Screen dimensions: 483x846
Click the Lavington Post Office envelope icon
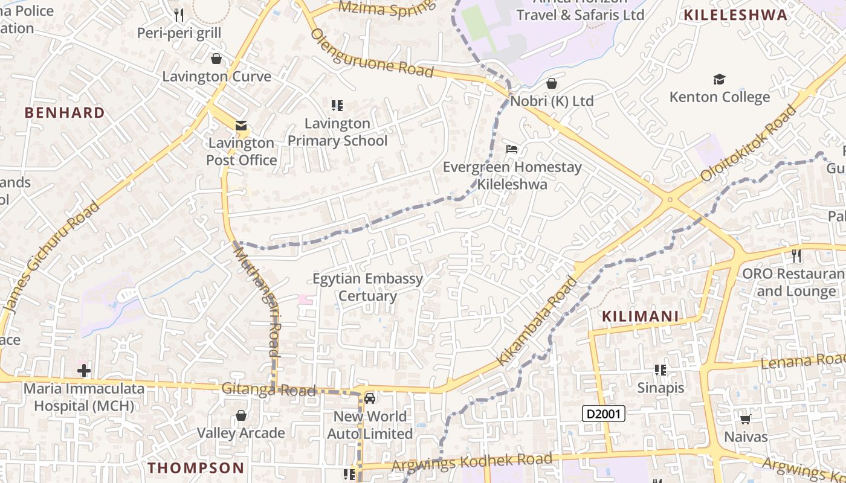click(x=241, y=126)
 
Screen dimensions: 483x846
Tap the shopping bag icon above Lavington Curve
click(x=216, y=59)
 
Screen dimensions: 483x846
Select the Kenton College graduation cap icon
click(x=719, y=79)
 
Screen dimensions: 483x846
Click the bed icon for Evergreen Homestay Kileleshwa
click(x=512, y=149)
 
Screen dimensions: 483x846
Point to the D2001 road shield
click(x=603, y=414)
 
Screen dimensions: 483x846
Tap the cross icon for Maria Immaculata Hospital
click(x=84, y=370)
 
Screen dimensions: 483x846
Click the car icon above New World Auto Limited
click(x=370, y=398)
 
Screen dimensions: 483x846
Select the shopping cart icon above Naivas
click(x=746, y=419)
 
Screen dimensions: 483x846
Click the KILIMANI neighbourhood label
click(x=640, y=316)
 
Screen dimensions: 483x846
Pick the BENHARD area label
click(x=65, y=113)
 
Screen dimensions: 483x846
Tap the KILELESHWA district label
click(x=735, y=16)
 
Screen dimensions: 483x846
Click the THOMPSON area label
click(x=196, y=468)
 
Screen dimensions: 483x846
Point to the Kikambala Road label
click(x=537, y=321)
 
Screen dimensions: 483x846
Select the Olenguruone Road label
click(x=372, y=53)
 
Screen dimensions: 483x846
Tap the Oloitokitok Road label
click(x=749, y=143)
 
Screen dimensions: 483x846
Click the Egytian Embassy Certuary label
click(x=367, y=287)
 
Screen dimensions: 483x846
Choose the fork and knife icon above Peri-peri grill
click(x=178, y=14)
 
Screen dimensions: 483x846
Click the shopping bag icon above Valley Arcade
click(x=241, y=415)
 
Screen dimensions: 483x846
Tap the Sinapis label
click(x=660, y=388)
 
